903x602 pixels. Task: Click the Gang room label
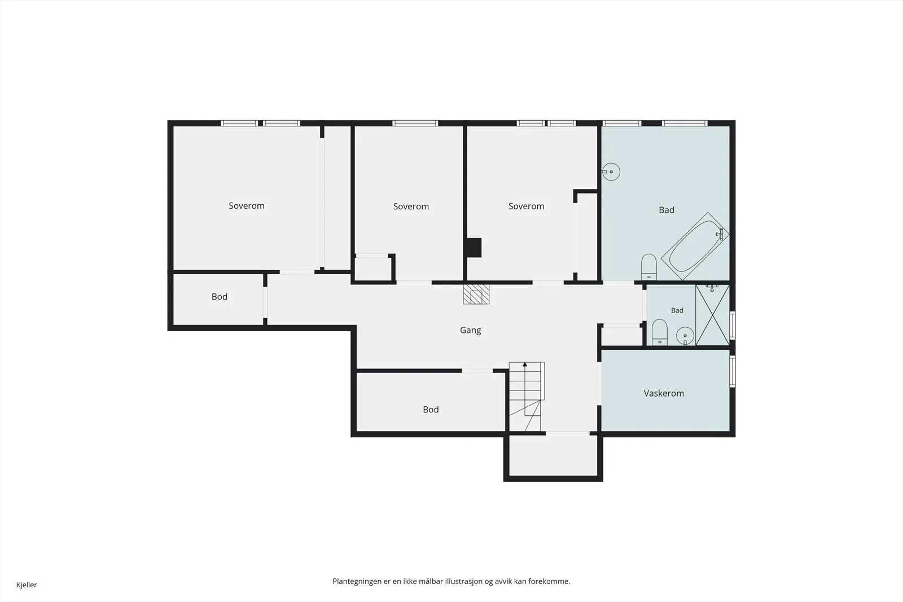471,331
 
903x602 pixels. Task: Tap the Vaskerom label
664,393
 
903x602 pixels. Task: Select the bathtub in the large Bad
695,246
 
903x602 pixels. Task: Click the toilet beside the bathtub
648,267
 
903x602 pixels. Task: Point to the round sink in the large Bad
611,172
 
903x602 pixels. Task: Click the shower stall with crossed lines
712,315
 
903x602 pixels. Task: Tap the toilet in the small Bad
660,332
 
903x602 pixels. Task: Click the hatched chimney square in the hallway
476,294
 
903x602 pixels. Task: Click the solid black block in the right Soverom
474,248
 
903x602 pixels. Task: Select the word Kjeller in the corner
27,585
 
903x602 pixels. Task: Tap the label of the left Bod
220,297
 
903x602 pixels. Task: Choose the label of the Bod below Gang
431,410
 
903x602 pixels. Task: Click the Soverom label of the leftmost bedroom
246,205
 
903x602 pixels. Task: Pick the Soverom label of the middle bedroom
411,206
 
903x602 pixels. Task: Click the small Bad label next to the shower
677,310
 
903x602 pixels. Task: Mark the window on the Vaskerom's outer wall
733,371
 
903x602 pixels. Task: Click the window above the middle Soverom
415,124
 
